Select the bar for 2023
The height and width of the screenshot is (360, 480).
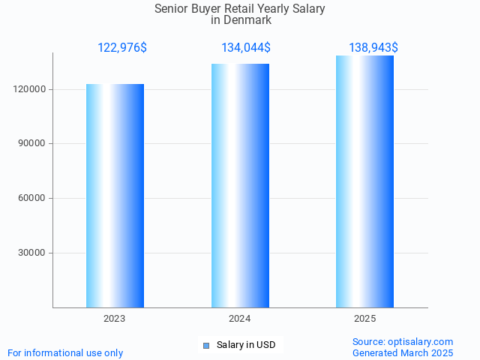[x=115, y=196]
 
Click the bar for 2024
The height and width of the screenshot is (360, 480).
[x=240, y=185]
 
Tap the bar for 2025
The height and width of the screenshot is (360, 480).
[x=364, y=181]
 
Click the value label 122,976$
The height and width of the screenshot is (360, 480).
[x=122, y=48]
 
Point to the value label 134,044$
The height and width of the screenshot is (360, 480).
[x=246, y=48]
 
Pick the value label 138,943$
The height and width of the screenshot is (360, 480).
[x=373, y=48]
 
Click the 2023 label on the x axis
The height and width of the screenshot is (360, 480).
[x=115, y=319]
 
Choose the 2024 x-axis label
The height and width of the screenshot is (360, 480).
[x=240, y=319]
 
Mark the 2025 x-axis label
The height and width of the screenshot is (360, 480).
[x=364, y=319]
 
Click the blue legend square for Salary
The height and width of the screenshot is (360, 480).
[x=206, y=345]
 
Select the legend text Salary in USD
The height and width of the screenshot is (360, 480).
[x=246, y=345]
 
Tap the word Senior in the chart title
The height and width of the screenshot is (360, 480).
[x=172, y=9]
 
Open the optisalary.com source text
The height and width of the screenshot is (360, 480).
[x=403, y=341]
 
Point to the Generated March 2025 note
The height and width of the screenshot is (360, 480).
[x=403, y=352]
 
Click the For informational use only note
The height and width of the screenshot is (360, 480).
[x=65, y=352]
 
